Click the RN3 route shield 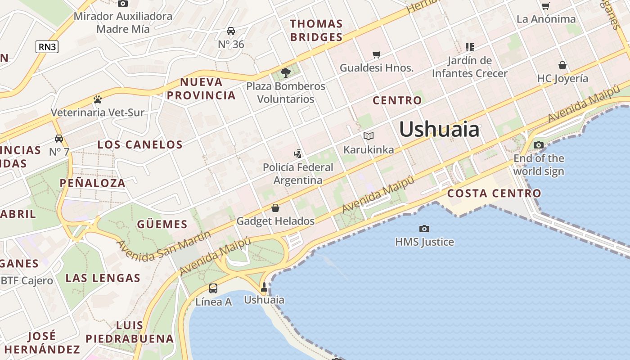[x=47, y=46]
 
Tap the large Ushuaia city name [x=439, y=130]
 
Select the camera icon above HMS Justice [x=424, y=229]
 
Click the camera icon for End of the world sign [x=538, y=145]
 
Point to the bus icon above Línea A [x=213, y=288]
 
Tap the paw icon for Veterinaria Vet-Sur [x=98, y=99]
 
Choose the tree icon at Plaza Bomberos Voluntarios [x=285, y=72]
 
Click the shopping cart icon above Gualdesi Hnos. [x=376, y=55]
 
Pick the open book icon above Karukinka [x=369, y=136]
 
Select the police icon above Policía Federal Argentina [x=297, y=154]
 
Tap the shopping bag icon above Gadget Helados [x=275, y=208]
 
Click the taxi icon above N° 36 [x=231, y=31]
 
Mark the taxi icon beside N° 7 [x=59, y=138]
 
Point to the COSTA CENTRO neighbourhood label [x=494, y=193]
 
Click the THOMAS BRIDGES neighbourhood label [x=316, y=30]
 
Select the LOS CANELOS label [x=140, y=144]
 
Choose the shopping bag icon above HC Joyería [x=562, y=65]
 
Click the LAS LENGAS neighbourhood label [x=103, y=278]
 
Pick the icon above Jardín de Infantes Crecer [x=470, y=47]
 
